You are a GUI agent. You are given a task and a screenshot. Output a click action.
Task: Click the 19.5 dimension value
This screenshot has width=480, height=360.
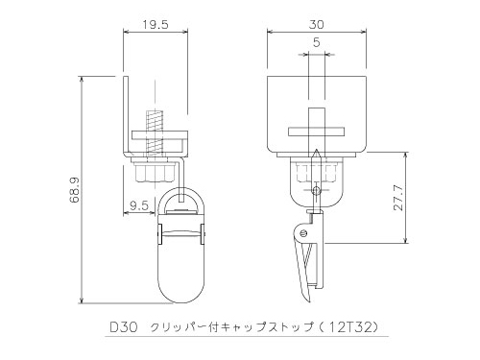(156, 25)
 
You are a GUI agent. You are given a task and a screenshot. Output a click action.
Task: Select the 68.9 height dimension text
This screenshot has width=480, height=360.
(74, 190)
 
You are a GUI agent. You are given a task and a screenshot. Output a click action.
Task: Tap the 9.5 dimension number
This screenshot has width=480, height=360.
(139, 205)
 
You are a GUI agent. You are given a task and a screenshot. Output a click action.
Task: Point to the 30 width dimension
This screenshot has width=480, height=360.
(316, 25)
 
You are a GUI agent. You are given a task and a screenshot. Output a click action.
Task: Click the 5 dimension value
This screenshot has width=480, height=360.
(316, 42)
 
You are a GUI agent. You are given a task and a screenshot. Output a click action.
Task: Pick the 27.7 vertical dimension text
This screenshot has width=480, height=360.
(398, 198)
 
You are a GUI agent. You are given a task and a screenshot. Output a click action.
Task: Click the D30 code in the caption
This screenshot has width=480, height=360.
(124, 327)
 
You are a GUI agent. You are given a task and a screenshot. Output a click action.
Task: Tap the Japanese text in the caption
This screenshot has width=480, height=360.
(232, 327)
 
